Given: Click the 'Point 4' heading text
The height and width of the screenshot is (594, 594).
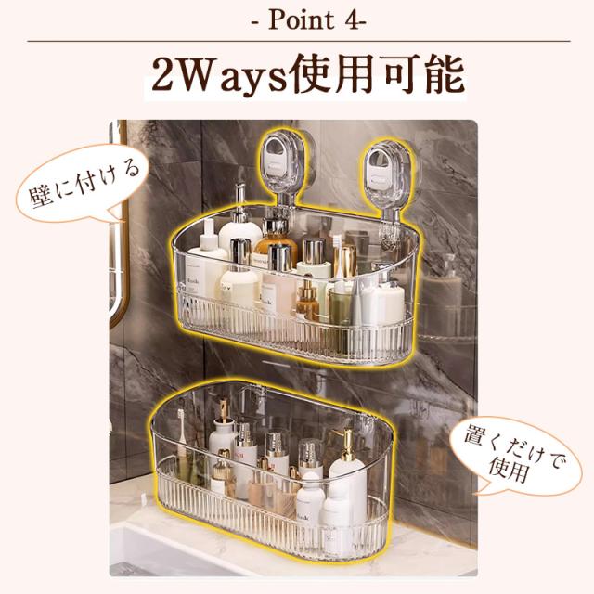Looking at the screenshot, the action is pyautogui.click(x=309, y=20).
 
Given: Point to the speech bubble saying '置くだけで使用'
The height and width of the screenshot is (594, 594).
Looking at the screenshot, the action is pyautogui.click(x=515, y=456).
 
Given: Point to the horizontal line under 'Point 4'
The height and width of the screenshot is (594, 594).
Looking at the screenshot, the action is pyautogui.click(x=299, y=41).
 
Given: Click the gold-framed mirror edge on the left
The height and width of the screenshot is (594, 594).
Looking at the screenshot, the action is pyautogui.click(x=121, y=227).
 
